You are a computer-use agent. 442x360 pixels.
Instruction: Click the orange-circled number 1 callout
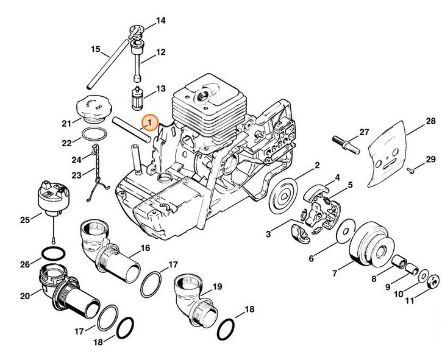coord(148,123)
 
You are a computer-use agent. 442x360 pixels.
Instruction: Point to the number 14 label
coord(161,21)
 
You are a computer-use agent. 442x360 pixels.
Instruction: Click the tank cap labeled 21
coord(90,110)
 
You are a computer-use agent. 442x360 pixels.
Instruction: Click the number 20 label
coord(24,296)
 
